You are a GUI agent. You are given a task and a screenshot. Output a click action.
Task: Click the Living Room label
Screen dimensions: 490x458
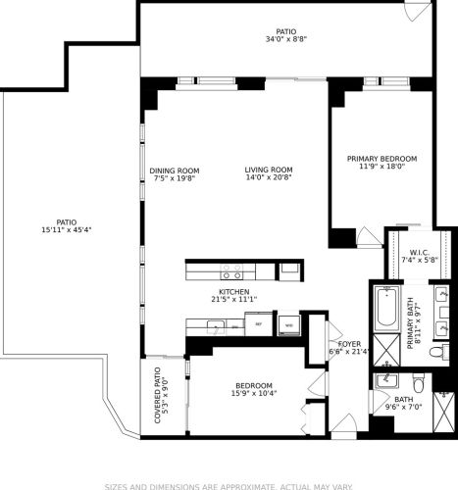[269, 170]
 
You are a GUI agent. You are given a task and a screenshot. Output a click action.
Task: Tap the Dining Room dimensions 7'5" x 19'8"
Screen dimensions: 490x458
[175, 178]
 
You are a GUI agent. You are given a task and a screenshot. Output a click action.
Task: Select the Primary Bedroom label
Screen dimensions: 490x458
[382, 158]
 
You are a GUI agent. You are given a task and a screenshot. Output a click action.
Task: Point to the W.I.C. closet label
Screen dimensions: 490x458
[409, 251]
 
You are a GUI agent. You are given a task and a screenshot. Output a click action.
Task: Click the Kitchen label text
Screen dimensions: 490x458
[233, 292]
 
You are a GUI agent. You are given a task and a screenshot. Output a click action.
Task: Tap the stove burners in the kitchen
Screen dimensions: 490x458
[231, 269]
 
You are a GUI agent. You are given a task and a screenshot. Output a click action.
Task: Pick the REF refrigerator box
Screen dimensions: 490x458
[260, 323]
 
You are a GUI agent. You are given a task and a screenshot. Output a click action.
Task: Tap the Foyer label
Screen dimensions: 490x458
[350, 344]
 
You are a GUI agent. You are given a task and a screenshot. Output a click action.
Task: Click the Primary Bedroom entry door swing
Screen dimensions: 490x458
[365, 236]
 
